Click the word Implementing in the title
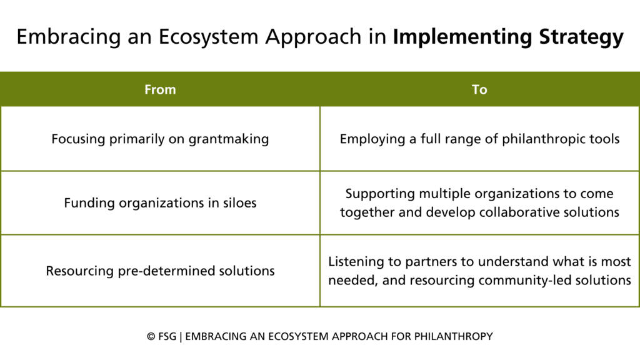462,37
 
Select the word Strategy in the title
581,37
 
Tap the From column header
160,89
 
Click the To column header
479,89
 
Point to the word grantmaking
229,139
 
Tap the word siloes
239,203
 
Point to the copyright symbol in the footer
151,337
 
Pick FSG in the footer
167,337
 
